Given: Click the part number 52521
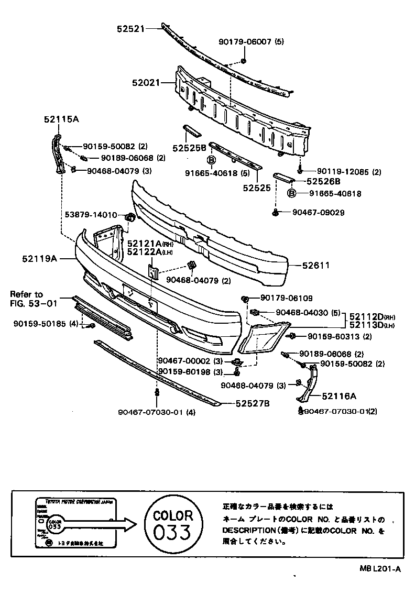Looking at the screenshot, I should click(x=130, y=29).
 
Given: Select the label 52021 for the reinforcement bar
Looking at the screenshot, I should click(x=146, y=83).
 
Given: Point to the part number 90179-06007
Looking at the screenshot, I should click(x=245, y=42).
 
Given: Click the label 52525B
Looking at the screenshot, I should click(x=188, y=148).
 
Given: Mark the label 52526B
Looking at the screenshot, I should click(x=323, y=181).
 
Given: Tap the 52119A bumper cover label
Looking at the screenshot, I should click(x=39, y=258).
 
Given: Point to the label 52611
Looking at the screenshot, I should click(x=316, y=266).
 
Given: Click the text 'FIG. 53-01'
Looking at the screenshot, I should click(x=32, y=303).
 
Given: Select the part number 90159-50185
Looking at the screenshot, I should click(x=40, y=324).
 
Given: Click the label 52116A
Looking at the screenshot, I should click(x=339, y=397).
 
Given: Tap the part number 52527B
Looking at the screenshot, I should click(x=253, y=403).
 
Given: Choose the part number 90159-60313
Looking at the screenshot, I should click(x=340, y=336).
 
